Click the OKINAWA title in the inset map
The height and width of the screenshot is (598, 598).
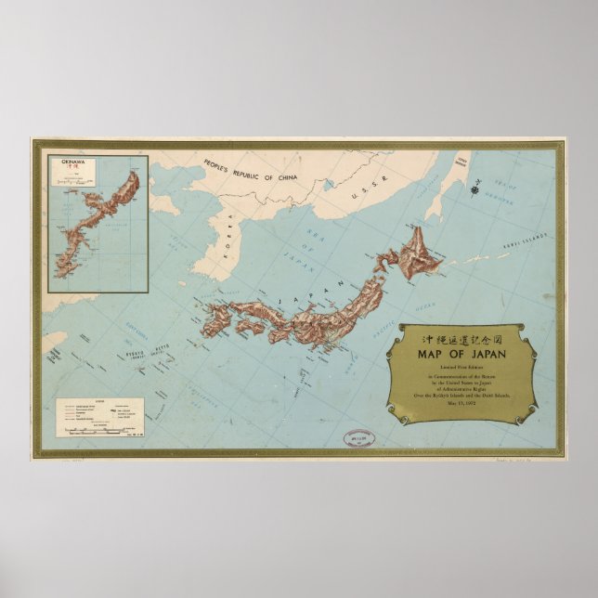click(x=73, y=162)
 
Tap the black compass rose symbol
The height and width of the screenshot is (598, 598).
click(x=476, y=193)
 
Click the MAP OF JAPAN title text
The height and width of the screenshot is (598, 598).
click(x=461, y=352)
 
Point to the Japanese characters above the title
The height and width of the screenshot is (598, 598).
click(x=461, y=336)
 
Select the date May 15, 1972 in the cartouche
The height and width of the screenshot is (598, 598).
click(x=461, y=403)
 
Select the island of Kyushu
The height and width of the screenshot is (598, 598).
click(x=216, y=319)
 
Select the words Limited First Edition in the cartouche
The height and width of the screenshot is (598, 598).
click(x=461, y=368)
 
